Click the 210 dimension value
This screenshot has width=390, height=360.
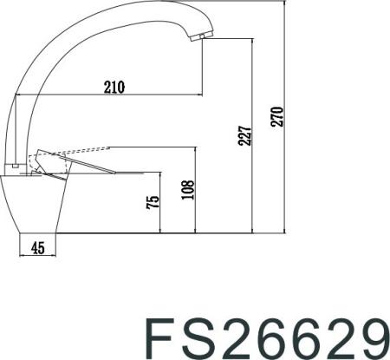(114, 86)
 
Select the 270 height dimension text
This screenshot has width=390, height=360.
(276, 116)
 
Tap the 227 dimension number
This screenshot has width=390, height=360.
(244, 135)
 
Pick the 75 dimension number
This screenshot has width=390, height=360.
(154, 204)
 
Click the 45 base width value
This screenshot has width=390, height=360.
(37, 249)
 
